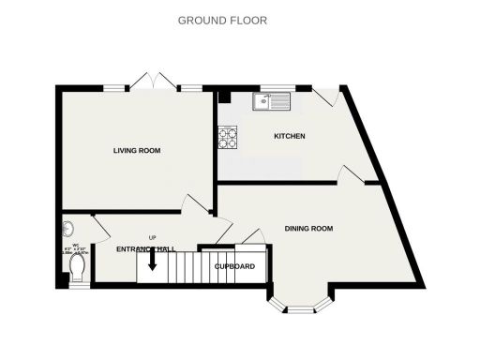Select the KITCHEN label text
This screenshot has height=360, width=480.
[289, 136]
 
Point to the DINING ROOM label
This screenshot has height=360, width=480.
[309, 229]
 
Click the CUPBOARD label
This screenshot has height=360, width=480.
[234, 266]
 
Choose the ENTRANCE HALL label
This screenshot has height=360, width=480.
[146, 248]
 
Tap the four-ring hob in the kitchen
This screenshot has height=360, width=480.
[228, 138]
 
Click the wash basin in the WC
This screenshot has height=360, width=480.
[67, 228]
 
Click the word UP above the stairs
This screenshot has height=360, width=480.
[152, 238]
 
